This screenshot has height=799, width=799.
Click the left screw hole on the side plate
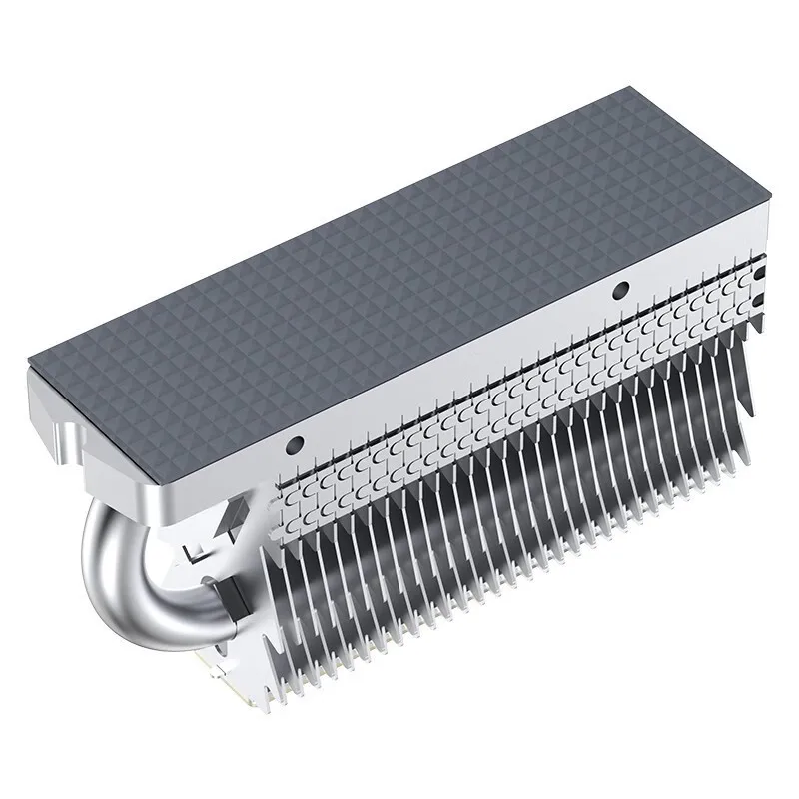pos(295,443)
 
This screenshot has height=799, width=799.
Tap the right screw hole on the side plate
pos(620,290)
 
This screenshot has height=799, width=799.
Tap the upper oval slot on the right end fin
pos(762,270)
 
